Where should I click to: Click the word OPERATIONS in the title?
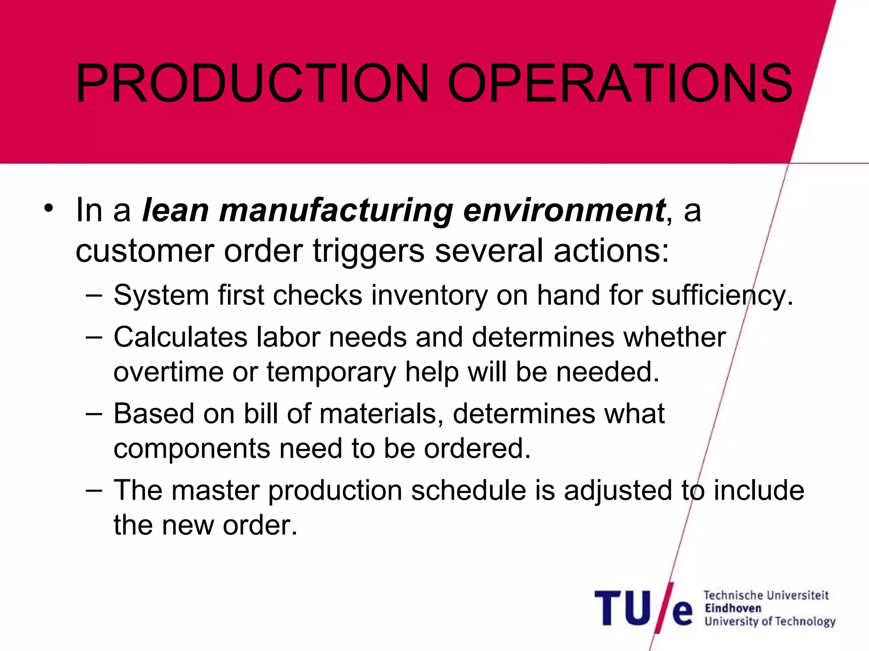click(x=619, y=83)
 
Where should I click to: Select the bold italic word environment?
click(x=564, y=211)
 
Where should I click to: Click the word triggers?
click(x=368, y=251)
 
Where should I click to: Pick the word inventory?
click(x=429, y=295)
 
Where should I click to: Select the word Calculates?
click(x=180, y=338)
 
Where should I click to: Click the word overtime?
click(x=168, y=372)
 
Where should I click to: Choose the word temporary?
click(x=331, y=372)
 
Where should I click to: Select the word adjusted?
click(x=618, y=490)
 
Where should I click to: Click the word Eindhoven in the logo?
click(x=733, y=608)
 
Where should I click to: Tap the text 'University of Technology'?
click(x=770, y=622)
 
